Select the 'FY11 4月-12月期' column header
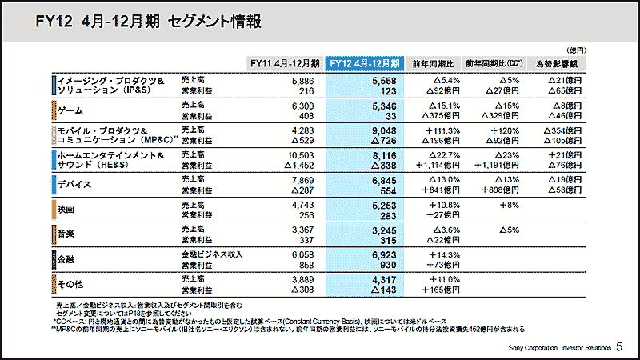285,62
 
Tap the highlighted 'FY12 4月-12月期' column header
365,62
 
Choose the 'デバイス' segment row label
76,185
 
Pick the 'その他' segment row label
70,283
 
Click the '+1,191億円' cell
498,165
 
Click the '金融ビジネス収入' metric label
211,254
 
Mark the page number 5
620,347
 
